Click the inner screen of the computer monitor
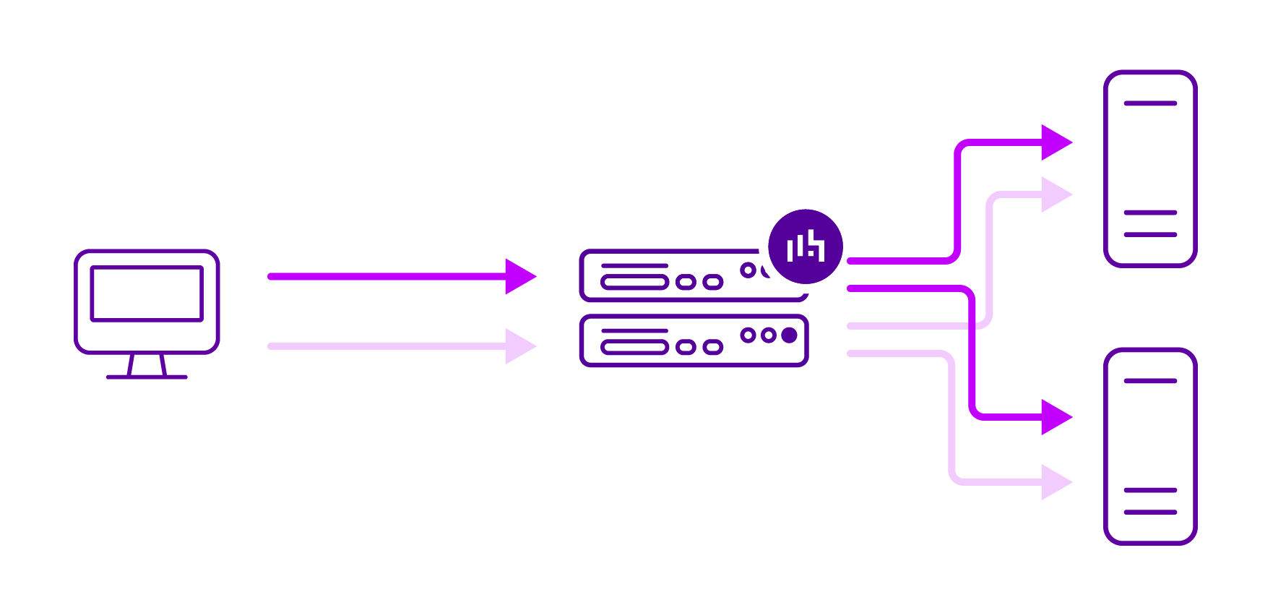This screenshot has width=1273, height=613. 147,294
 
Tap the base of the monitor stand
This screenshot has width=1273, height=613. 147,377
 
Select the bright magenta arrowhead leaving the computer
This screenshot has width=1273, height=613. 519,276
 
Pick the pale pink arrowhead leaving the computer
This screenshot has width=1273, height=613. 519,346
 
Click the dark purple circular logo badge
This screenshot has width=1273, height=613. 806,247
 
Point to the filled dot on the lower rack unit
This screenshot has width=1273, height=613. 789,335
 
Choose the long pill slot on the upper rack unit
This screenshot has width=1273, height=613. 634,282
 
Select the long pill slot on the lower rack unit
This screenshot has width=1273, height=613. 634,348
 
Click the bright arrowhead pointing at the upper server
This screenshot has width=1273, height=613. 1055,142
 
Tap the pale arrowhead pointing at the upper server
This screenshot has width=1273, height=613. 1055,194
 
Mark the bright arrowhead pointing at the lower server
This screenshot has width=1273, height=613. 1055,417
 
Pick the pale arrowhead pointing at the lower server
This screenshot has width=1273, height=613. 1055,481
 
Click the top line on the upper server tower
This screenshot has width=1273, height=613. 1150,103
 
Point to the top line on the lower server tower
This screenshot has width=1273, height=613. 1150,381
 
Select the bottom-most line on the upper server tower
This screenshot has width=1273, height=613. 1150,234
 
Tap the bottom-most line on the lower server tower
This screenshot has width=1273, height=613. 1150,512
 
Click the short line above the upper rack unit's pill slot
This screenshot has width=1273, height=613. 634,265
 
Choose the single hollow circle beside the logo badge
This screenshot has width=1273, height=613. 748,270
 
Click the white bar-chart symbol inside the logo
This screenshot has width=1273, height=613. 806,246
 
